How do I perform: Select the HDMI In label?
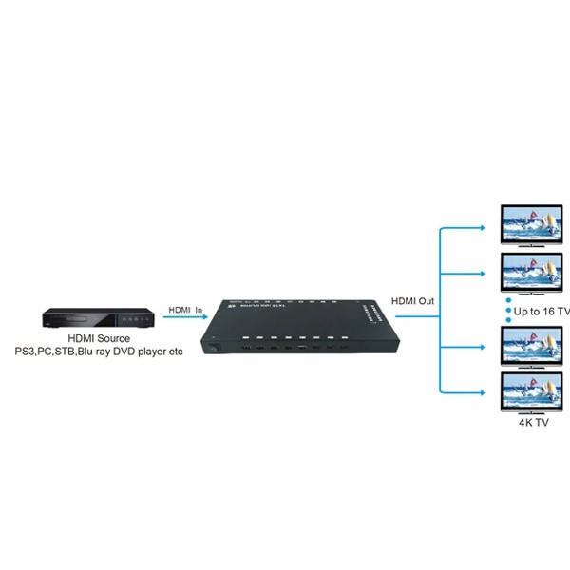pos(187,310)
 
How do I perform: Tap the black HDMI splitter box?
pos(295,329)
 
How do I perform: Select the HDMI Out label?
pos(412,301)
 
